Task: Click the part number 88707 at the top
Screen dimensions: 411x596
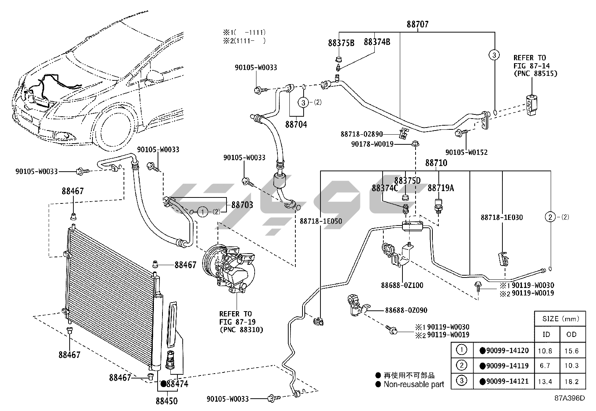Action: (x=418, y=24)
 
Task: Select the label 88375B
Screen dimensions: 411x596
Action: (x=341, y=43)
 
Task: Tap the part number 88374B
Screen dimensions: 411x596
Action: (x=377, y=42)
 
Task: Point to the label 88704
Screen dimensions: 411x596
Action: (x=296, y=124)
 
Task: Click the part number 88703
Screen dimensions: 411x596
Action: (x=242, y=205)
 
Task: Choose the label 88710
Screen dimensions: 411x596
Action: (x=436, y=163)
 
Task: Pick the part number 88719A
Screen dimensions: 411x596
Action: (x=441, y=188)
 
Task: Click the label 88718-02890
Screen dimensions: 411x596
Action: (x=362, y=134)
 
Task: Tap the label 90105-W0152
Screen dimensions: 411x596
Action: (x=466, y=152)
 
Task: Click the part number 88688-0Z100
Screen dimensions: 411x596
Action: (x=402, y=285)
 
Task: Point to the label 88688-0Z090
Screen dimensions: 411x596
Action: (x=406, y=310)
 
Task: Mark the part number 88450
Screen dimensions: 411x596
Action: (x=167, y=401)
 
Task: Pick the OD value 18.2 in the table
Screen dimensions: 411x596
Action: (x=571, y=381)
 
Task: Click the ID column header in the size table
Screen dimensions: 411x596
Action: (x=546, y=334)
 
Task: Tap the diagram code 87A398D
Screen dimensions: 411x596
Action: (x=569, y=398)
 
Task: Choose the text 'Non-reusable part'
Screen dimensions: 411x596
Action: (x=414, y=384)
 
